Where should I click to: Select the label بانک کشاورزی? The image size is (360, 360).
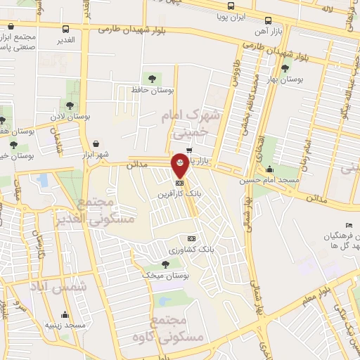pyautogui.click(x=191, y=249)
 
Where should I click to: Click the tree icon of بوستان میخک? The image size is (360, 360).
pyautogui.click(x=165, y=264)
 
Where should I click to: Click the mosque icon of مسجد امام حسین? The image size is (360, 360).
pyautogui.click(x=270, y=169)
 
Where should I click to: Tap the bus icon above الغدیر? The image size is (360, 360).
pyautogui.click(x=66, y=30)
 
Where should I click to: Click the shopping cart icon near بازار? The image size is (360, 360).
pyautogui.click(x=190, y=150)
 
